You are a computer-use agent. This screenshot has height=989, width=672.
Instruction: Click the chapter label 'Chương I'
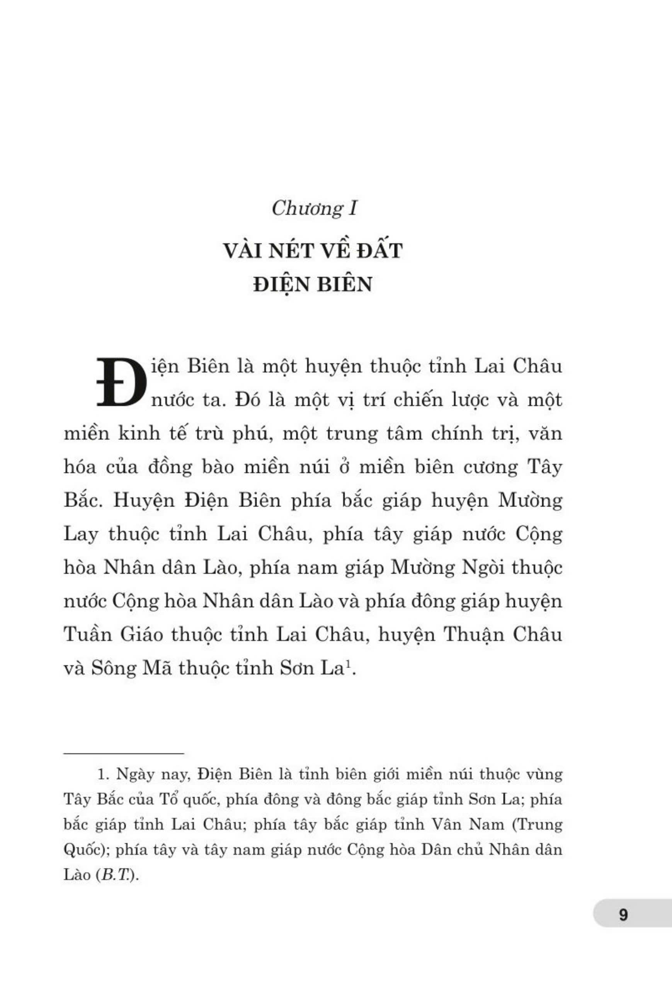click(314, 209)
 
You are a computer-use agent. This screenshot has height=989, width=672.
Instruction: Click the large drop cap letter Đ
click(121, 382)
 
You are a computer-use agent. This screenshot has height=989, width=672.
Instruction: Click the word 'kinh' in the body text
click(133, 433)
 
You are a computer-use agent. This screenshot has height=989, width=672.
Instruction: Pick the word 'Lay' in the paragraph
click(81, 535)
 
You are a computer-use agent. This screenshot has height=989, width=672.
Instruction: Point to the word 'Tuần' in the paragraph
click(88, 635)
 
